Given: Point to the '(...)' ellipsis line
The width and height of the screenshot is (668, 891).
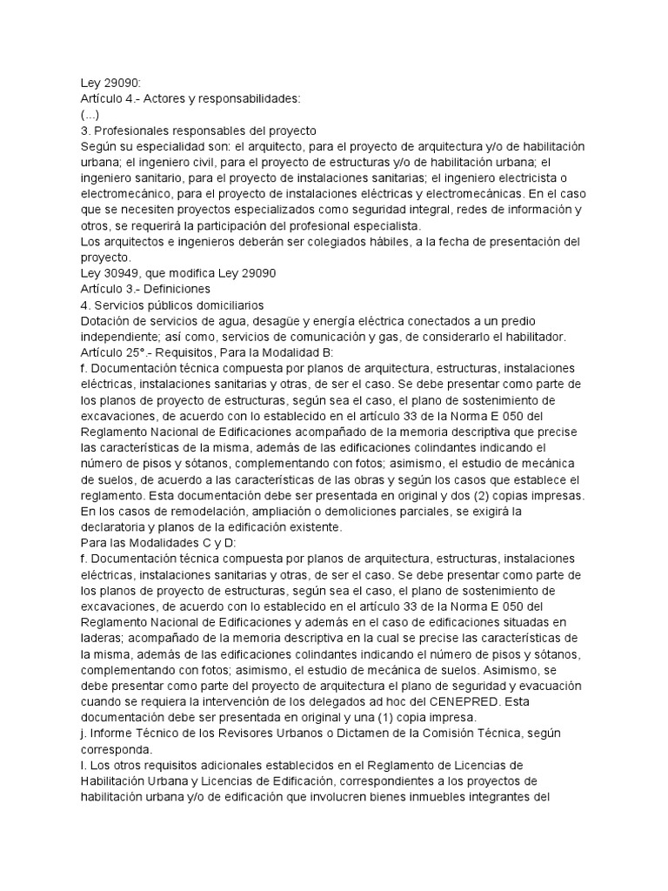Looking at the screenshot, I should point(90,114).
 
